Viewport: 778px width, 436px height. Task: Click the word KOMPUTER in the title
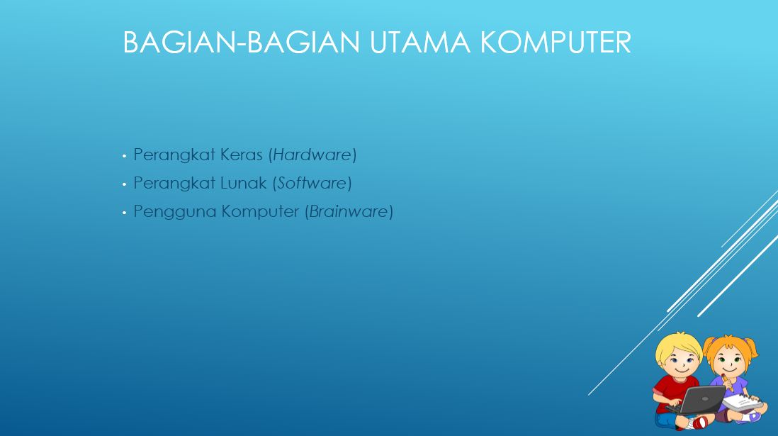click(x=555, y=43)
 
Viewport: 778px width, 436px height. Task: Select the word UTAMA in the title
click(x=419, y=43)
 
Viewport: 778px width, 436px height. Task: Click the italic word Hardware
click(x=312, y=155)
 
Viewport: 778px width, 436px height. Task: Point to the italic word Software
click(x=312, y=183)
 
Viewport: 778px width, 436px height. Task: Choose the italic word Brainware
click(x=349, y=211)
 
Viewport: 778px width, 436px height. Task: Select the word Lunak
click(x=244, y=183)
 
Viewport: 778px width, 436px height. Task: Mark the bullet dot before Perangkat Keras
click(x=124, y=155)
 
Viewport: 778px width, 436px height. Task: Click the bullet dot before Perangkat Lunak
click(x=124, y=184)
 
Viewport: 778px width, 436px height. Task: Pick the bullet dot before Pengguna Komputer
click(x=124, y=212)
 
